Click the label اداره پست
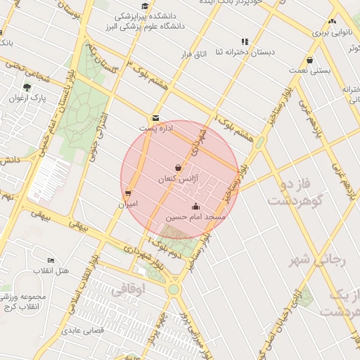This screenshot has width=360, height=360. tap(154, 129)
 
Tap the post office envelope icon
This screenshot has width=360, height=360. tap(155, 118)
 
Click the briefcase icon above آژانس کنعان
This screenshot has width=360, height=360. tap(178, 169)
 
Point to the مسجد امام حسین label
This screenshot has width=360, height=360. tap(195, 217)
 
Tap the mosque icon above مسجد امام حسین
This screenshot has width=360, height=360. tap(195, 207)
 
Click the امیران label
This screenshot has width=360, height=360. tap(127, 204)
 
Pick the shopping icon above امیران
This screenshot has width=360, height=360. tap(127, 193)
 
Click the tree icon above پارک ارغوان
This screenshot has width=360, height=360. tap(27, 87)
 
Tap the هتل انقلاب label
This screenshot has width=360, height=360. tap(51, 271)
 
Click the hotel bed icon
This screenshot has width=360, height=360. tap(51, 261)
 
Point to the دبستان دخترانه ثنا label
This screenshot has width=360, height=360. tap(244, 53)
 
